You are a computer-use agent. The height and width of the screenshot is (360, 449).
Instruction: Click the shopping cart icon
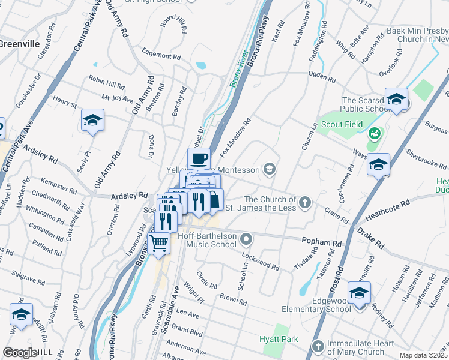pos(158,244)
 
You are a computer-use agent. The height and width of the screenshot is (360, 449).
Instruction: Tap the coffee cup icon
pos(199,159)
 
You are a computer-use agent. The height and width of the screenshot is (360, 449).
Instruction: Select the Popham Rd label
pos(321,242)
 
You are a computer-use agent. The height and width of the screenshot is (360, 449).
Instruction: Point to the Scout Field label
pos(340,125)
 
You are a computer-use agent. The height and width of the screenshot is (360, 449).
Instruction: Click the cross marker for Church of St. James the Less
pos(305,202)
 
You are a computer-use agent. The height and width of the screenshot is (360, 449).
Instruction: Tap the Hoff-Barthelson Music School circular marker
pos(246,241)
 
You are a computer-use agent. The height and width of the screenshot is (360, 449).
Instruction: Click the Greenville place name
pos(19,44)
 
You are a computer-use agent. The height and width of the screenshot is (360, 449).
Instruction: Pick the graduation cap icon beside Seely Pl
pos(92,121)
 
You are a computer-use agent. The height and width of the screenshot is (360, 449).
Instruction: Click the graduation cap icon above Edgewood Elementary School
pos(359,293)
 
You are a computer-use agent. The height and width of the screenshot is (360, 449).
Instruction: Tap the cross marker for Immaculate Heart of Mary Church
pos(318,346)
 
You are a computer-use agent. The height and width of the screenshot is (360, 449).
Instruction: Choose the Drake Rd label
pos(370,238)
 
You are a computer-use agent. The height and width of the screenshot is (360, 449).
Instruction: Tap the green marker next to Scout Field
pos(375,133)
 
